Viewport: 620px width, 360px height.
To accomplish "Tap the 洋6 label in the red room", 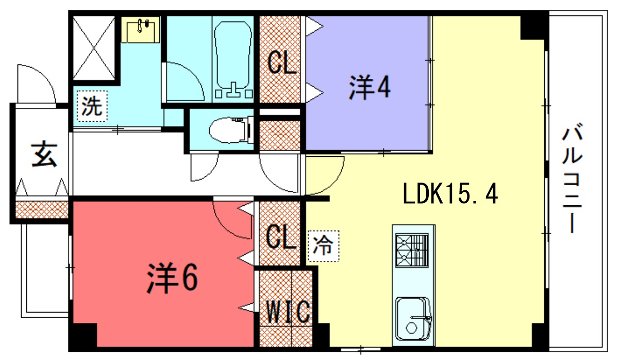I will (174, 277).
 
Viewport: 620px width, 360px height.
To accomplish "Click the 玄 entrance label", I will (42, 154).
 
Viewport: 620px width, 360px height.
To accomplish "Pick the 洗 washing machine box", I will (91, 103).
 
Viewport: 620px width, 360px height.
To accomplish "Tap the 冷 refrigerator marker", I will (322, 243).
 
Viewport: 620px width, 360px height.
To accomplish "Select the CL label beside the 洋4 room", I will (282, 64).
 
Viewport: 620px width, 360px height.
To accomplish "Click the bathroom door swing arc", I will (180, 80).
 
